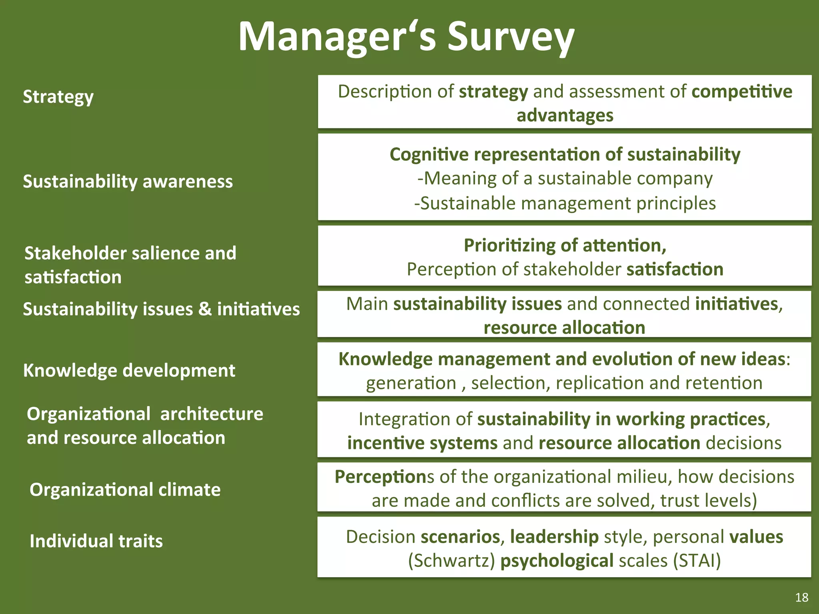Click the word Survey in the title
511,37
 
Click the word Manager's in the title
337,37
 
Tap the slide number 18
801,597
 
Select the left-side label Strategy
58,97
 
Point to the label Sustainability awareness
128,181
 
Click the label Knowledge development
129,371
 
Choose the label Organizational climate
125,490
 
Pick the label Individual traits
96,541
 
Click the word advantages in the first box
565,116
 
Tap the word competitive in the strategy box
742,92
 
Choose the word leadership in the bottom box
554,537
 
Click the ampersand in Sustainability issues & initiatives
205,309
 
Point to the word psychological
557,560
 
